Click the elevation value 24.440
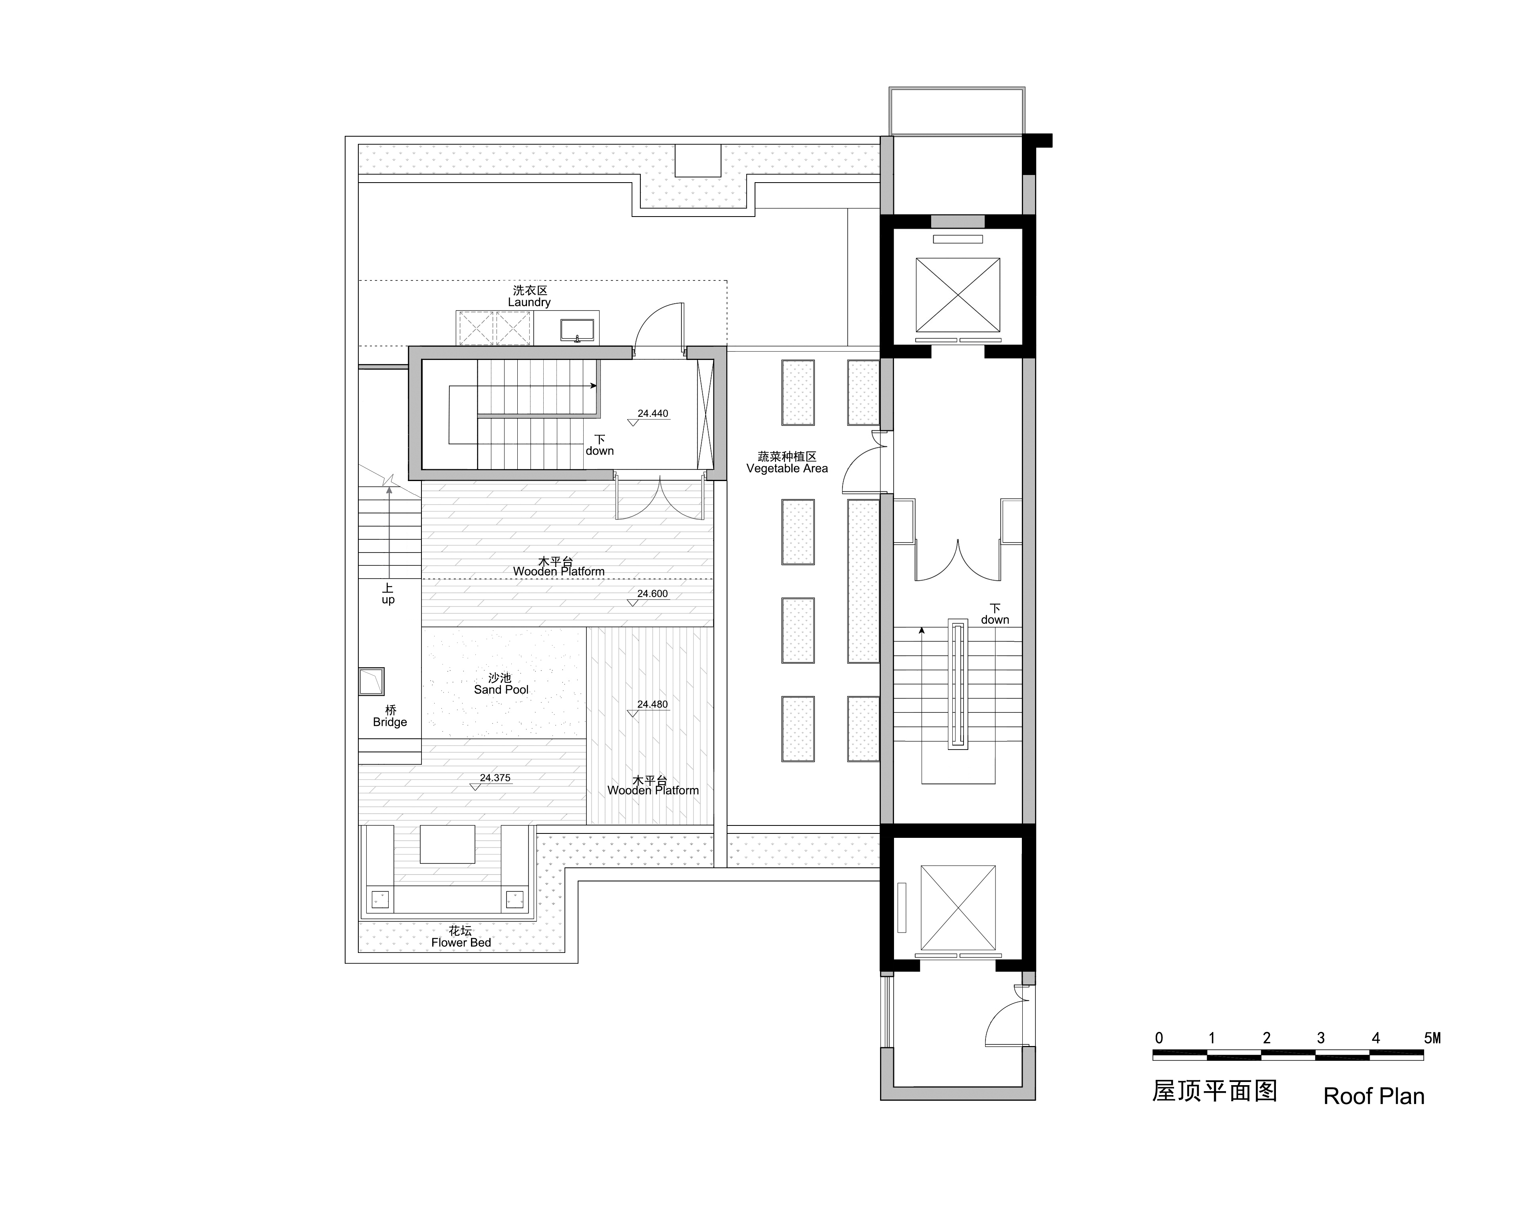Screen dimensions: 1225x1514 point(653,414)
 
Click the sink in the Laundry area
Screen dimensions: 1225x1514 point(577,330)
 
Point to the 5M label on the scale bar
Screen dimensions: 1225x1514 point(1432,1038)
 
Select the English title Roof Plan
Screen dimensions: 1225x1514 point(1374,1096)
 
